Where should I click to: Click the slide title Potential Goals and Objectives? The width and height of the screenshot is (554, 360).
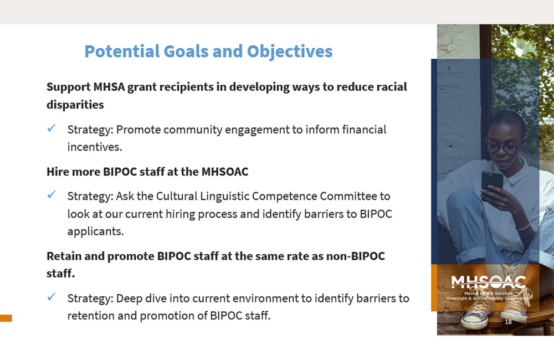tap(208, 52)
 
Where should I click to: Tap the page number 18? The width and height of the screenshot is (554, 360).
tap(508, 322)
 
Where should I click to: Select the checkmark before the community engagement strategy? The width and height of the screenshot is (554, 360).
tap(52, 128)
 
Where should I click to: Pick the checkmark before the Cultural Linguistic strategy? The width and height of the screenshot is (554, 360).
tap(52, 195)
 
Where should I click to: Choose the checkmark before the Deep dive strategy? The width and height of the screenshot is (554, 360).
tap(52, 297)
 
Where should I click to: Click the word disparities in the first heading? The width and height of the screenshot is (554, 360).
tap(75, 104)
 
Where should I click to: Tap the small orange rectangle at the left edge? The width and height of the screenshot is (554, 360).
tap(6, 318)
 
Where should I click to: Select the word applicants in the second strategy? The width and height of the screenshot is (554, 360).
tap(95, 232)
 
